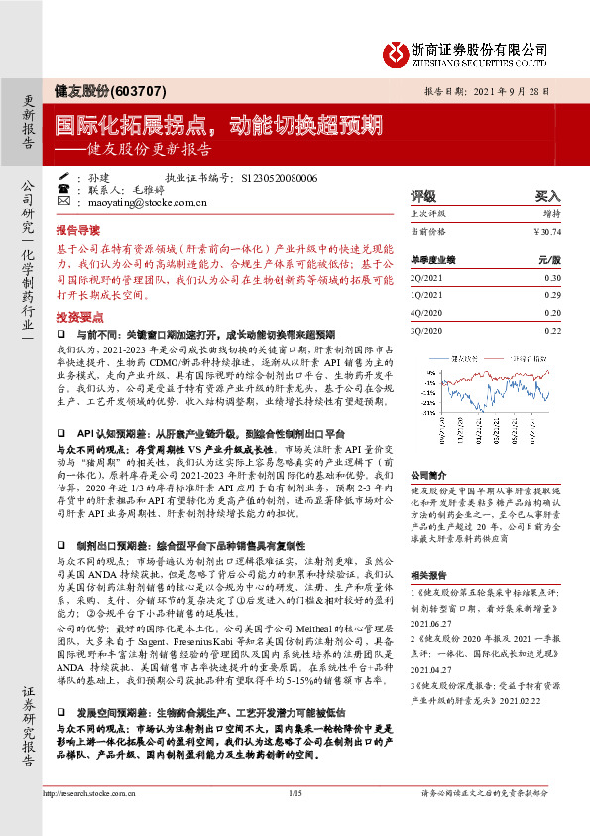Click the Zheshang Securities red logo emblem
pyautogui.click(x=397, y=48)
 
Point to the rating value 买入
pyautogui.click(x=548, y=196)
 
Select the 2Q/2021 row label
pyautogui.click(x=425, y=279)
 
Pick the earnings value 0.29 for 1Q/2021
pyautogui.click(x=552, y=295)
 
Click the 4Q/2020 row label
pyautogui.click(x=425, y=312)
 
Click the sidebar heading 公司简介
pyautogui.click(x=429, y=475)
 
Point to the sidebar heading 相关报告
pyautogui.click(x=429, y=575)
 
